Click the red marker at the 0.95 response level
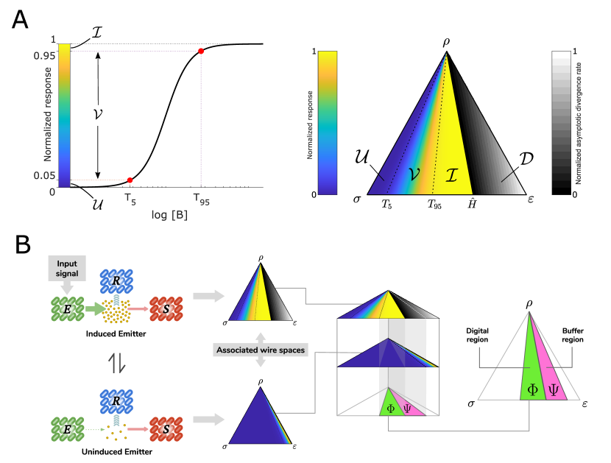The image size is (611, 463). (x=201, y=51)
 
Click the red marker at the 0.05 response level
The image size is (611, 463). (x=130, y=180)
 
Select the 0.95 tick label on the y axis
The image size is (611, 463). (x=44, y=55)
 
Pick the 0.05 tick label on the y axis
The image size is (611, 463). (x=44, y=175)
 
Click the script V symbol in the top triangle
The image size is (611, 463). (x=414, y=174)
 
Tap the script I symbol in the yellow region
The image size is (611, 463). (x=452, y=174)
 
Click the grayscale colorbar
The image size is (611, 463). (x=561, y=122)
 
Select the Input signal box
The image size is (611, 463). (x=67, y=269)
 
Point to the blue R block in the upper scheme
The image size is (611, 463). (x=115, y=282)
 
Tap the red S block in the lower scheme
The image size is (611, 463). (x=166, y=428)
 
